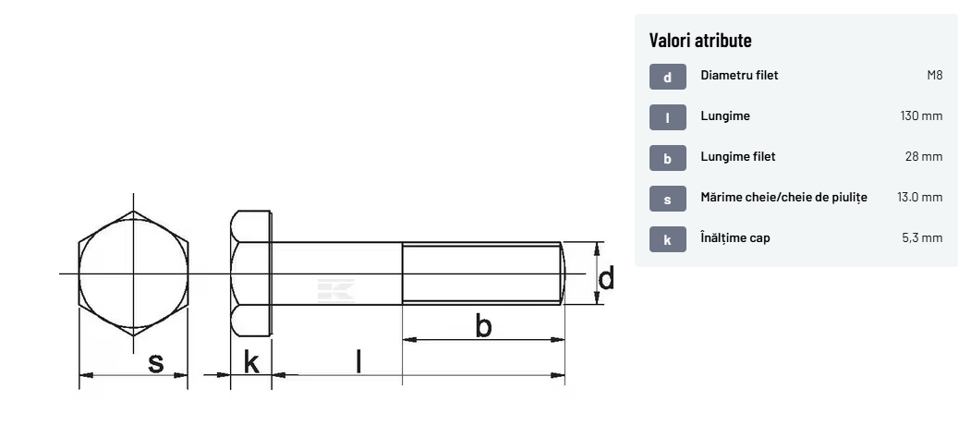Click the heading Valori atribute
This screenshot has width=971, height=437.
tap(700, 41)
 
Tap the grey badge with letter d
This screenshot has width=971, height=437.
tap(668, 77)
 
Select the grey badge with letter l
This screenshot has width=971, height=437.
tap(668, 117)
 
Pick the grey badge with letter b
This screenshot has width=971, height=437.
tap(668, 158)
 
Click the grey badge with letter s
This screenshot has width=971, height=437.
tap(668, 199)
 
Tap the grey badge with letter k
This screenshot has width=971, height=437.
tap(668, 239)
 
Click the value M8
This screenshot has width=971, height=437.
tap(934, 76)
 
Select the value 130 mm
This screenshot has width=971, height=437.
tap(921, 115)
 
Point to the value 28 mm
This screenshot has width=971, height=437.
tap(924, 157)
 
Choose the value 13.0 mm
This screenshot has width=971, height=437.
tap(919, 198)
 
